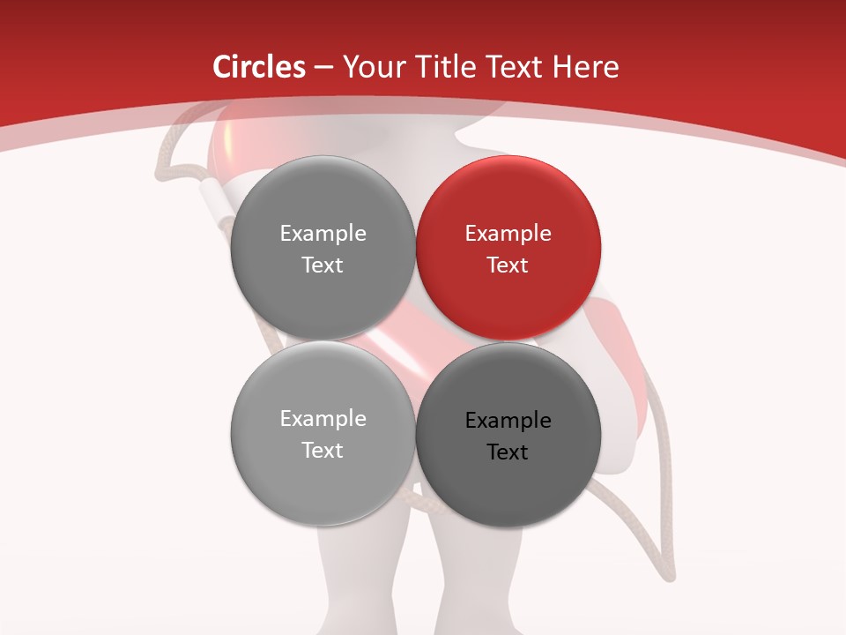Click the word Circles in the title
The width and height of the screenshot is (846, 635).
point(259,67)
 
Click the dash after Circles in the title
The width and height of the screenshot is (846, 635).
point(323,68)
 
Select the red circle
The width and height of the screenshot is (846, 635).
point(508,249)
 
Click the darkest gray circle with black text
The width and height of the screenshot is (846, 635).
point(508,435)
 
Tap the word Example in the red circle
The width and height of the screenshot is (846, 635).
point(508,234)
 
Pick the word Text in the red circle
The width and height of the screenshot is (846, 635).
point(508,265)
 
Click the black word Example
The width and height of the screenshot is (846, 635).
point(508,421)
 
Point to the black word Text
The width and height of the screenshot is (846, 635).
point(508,452)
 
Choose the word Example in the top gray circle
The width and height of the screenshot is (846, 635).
point(323,234)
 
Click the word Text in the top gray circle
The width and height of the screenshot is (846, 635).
point(323,265)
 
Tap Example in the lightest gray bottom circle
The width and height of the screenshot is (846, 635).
point(323,419)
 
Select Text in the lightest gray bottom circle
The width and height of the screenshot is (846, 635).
point(323,451)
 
